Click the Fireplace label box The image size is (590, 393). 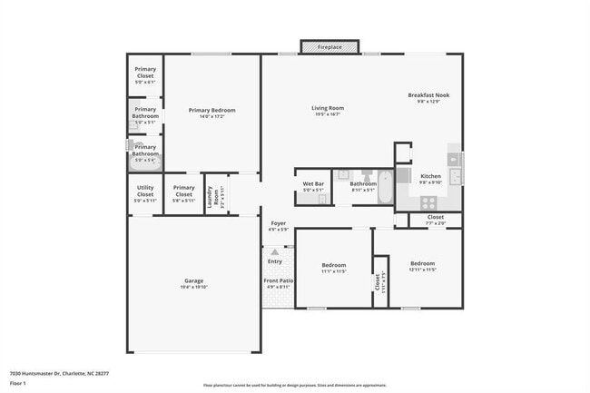pyautogui.click(x=329, y=45)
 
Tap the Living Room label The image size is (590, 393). pyautogui.click(x=329, y=108)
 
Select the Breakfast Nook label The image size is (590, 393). pyautogui.click(x=428, y=95)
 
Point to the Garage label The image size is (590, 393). pyautogui.click(x=193, y=280)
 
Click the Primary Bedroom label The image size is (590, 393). pyautogui.click(x=211, y=111)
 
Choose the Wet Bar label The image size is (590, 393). pyautogui.click(x=313, y=184)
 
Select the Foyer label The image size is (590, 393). pyautogui.click(x=278, y=223)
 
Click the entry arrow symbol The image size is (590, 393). pyautogui.click(x=275, y=251)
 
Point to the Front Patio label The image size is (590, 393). pyautogui.click(x=278, y=281)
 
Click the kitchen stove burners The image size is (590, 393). pyautogui.click(x=428, y=201)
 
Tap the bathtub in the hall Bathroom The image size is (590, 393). pyautogui.click(x=385, y=189)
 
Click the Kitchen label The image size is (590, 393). pyautogui.click(x=430, y=176)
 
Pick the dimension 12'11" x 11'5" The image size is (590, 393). pyautogui.click(x=423, y=270)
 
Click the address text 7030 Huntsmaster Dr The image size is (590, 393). pyautogui.click(x=35, y=372)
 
